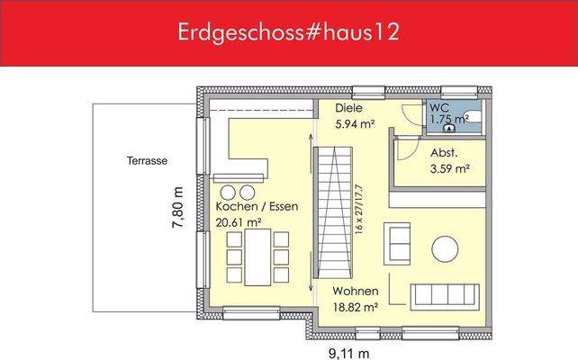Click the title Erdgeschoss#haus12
pyautogui.click(x=289, y=32)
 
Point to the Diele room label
pyautogui.click(x=348, y=108)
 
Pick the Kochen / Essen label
pyautogui.click(x=256, y=206)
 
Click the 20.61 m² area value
pyautogui.click(x=239, y=223)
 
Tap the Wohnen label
pyautogui.click(x=354, y=292)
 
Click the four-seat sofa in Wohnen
pyautogui.click(x=446, y=295)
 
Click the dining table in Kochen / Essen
pyautogui.click(x=257, y=256)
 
